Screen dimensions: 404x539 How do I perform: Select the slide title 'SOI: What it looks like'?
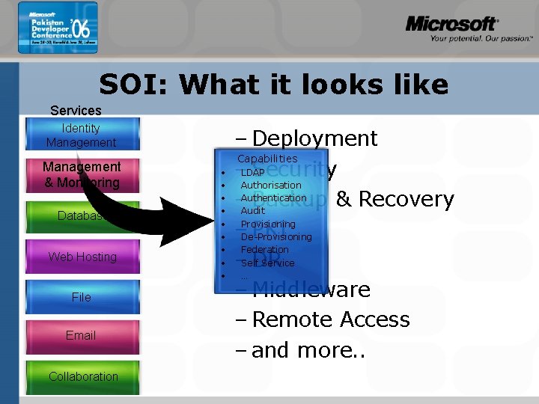tap(273, 85)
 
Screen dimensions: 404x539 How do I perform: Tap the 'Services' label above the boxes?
tap(76, 110)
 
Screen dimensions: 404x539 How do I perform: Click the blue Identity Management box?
tap(81, 135)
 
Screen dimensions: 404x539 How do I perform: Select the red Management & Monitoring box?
tap(81, 174)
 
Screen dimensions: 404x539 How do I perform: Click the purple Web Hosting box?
tap(82, 257)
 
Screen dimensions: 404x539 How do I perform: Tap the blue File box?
tap(82, 297)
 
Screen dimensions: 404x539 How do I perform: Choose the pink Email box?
tap(81, 335)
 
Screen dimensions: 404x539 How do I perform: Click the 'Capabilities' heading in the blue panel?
tap(267, 159)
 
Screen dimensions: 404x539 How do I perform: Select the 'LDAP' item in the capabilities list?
tap(252, 173)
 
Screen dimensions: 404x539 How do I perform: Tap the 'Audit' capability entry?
tap(252, 211)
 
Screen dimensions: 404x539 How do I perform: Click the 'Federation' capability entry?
tap(264, 250)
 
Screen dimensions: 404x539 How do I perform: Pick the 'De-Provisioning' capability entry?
tap(275, 237)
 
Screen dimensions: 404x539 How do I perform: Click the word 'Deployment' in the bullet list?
tap(314, 138)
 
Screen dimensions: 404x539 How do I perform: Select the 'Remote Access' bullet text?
tap(331, 319)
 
